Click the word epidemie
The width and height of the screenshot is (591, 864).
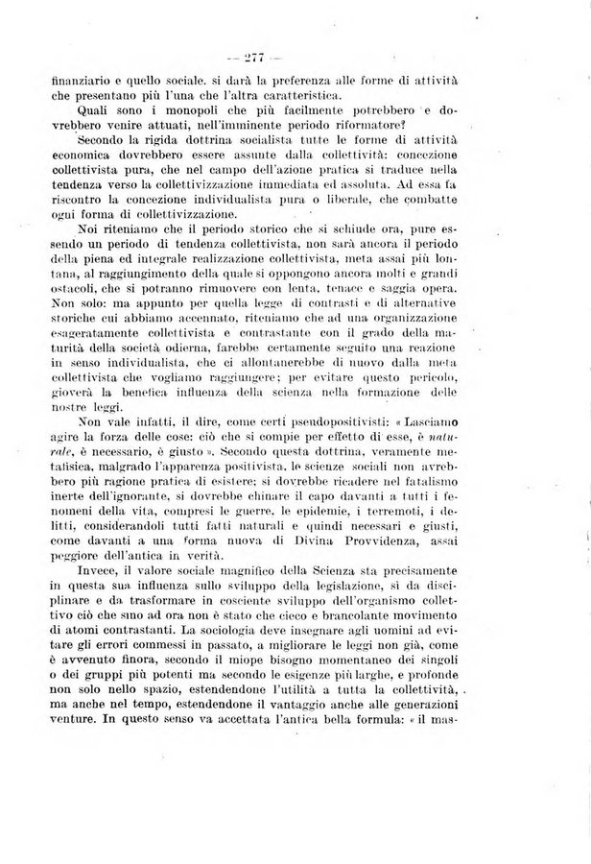327,529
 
